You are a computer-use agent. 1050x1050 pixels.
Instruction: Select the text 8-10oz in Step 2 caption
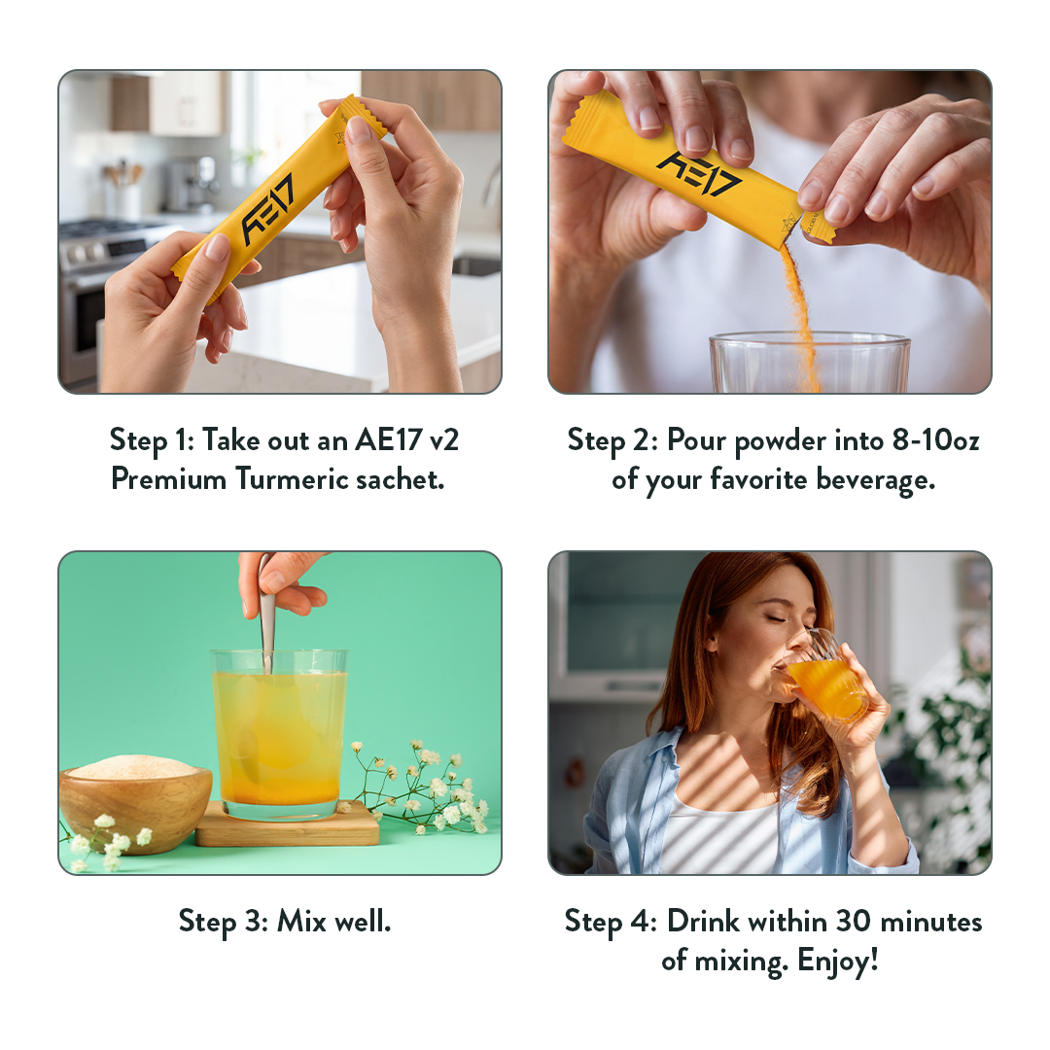point(935,440)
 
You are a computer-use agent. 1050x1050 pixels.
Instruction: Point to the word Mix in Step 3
point(301,921)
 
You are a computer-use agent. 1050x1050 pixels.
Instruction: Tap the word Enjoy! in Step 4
point(838,961)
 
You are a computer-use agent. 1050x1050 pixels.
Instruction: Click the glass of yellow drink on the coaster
point(279,734)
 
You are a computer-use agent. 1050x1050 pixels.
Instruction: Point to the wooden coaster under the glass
point(287,827)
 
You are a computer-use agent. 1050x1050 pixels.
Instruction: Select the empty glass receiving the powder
point(810,363)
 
